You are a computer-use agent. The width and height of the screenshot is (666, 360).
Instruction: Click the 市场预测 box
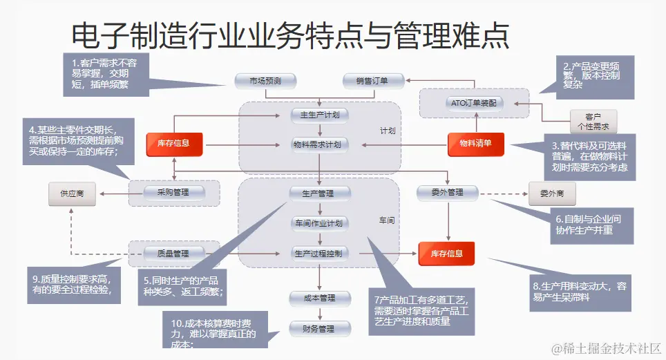[x=265, y=81]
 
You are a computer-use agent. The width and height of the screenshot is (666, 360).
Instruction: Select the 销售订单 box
[x=372, y=81]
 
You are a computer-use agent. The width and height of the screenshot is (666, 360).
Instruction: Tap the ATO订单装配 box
[x=473, y=103]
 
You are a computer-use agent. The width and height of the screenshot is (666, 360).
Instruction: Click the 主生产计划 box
[x=319, y=114]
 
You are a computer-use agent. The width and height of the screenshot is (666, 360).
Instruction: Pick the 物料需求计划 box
[x=319, y=144]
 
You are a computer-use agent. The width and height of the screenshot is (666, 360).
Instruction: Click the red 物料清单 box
[x=475, y=144]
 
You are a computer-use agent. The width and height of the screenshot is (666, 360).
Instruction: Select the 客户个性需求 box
[x=593, y=122]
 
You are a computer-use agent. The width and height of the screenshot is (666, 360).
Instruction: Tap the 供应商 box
[x=72, y=194]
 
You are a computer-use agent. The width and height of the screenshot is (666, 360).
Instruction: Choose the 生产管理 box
[x=318, y=193]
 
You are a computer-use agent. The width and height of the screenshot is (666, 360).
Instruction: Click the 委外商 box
[x=552, y=194]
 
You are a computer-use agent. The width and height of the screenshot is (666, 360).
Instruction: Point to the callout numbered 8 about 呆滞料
[x=580, y=291]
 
